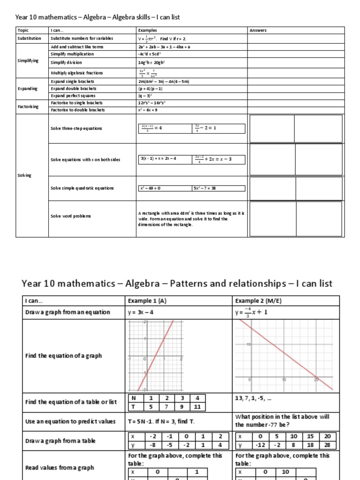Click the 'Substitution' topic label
29,38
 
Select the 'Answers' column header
258,30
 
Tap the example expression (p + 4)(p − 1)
150,89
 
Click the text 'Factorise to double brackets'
77,110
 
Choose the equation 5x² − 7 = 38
204,188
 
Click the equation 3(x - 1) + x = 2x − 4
158,159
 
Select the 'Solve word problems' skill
71,216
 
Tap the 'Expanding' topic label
27,89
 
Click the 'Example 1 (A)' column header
146,301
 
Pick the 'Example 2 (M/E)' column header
255,301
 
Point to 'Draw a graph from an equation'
67,312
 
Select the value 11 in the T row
197,407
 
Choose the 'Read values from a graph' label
59,467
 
